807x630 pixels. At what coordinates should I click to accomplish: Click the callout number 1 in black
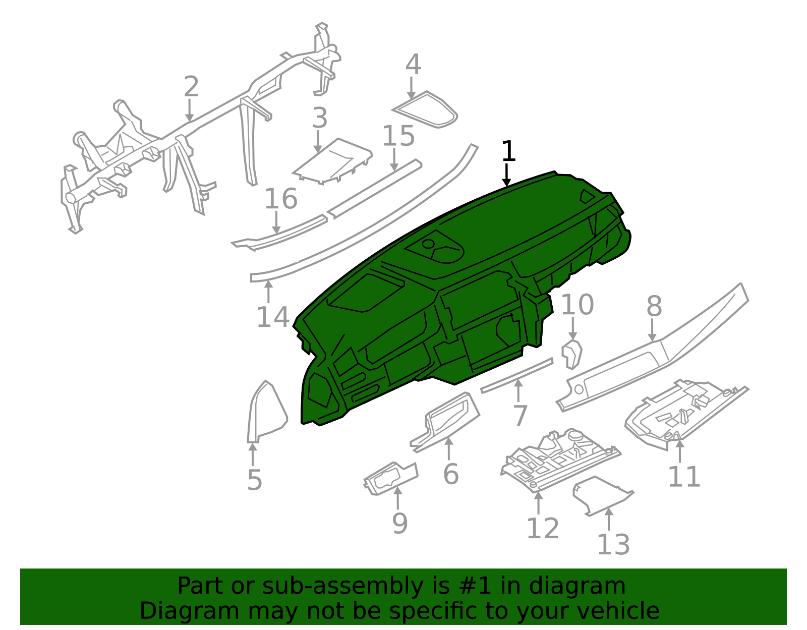click(508, 151)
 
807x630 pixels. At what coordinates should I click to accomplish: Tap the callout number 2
click(191, 87)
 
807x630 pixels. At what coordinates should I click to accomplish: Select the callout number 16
click(281, 199)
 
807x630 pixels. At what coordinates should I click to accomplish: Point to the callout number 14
click(273, 317)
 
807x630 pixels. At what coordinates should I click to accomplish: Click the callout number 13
click(613, 545)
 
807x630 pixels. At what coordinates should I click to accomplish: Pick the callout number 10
click(577, 305)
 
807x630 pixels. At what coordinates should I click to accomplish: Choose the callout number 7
click(520, 416)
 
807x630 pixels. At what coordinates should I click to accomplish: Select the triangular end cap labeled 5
click(267, 412)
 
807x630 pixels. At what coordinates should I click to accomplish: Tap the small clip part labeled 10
click(571, 355)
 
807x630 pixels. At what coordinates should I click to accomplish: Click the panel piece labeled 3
click(332, 161)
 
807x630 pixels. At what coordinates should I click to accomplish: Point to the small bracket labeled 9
click(391, 479)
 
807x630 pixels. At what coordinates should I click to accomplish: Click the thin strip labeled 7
click(516, 375)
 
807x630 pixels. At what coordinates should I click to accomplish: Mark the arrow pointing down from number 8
click(652, 330)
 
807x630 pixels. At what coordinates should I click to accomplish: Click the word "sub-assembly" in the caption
click(342, 586)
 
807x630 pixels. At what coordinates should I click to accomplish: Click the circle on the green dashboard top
click(428, 244)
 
